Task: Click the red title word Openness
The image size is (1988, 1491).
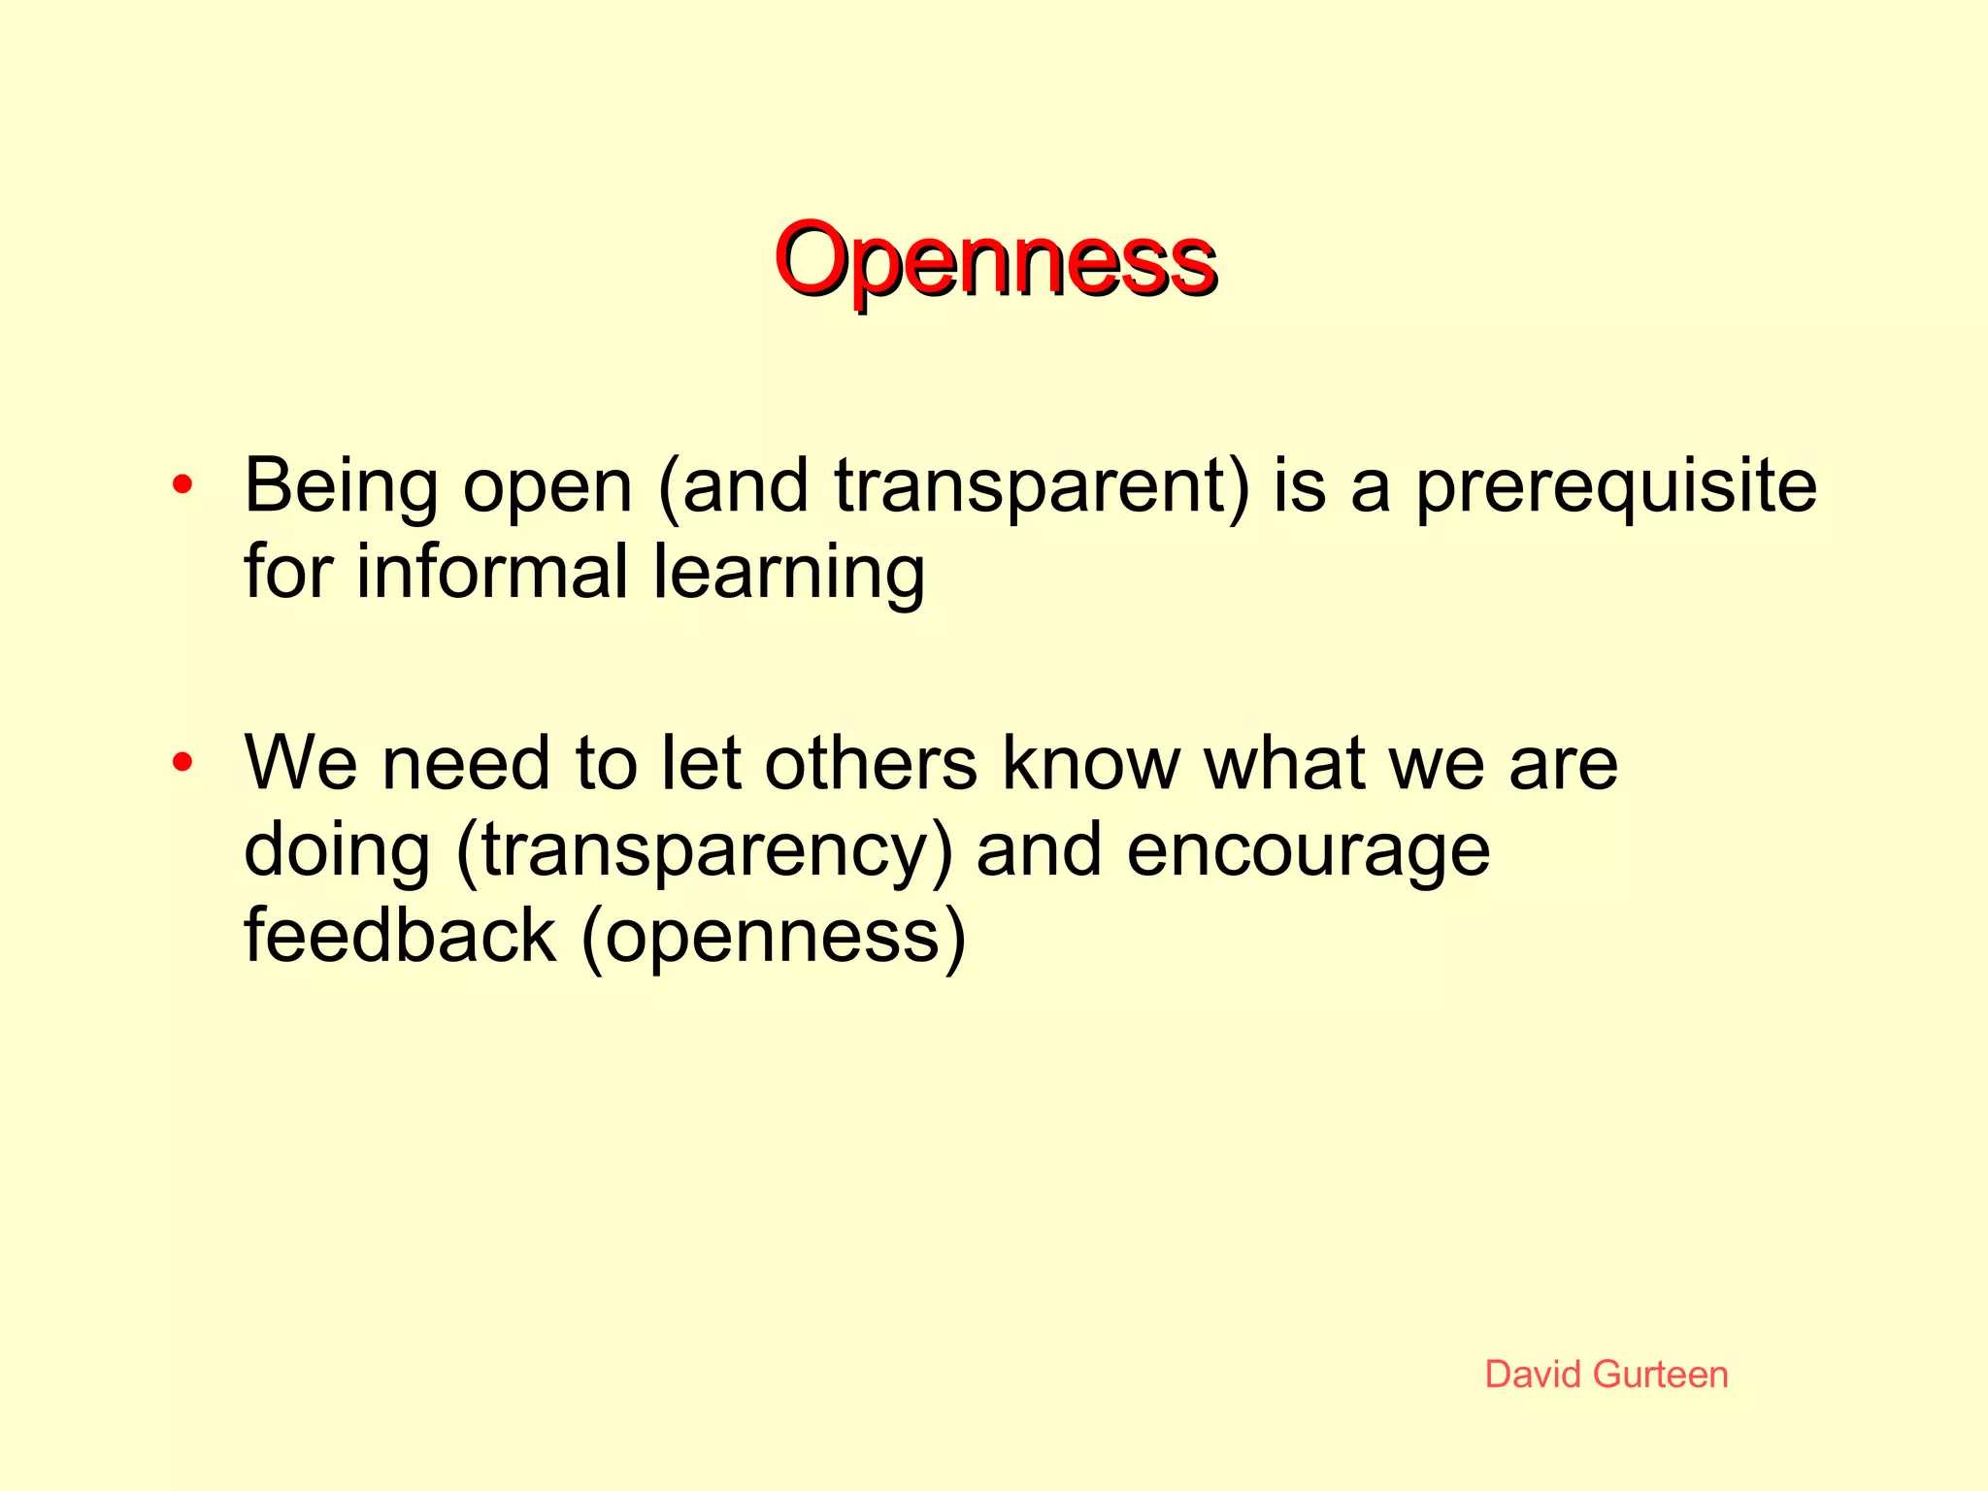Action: click(x=995, y=260)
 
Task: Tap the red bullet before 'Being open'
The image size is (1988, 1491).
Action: click(x=182, y=484)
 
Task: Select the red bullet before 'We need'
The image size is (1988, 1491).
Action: click(x=182, y=762)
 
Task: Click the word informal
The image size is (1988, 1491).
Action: click(x=492, y=572)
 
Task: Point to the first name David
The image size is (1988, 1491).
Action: click(x=1534, y=1375)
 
